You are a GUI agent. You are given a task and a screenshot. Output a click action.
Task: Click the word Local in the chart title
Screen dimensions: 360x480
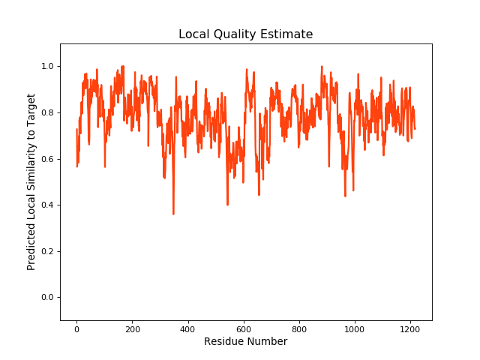click(193, 34)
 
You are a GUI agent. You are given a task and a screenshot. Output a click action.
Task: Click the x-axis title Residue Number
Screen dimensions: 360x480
click(246, 342)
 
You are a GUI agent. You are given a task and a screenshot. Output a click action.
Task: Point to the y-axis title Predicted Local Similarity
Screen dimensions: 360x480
click(31, 181)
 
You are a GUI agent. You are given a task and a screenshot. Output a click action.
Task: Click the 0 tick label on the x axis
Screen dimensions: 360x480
click(76, 328)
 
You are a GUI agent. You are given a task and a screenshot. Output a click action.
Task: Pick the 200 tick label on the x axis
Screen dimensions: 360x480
click(132, 328)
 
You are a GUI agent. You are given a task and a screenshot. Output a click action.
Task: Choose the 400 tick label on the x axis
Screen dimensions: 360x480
click(187, 328)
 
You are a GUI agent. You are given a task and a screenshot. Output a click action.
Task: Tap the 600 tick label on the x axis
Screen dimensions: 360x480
click(243, 328)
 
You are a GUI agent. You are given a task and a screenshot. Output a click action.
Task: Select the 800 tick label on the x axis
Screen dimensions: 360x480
click(298, 328)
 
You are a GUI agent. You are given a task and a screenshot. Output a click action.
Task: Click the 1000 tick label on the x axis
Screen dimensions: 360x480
click(354, 328)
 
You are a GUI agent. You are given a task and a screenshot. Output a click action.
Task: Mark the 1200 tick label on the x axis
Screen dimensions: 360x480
click(409, 328)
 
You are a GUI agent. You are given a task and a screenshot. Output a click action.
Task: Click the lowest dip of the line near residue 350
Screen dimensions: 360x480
click(173, 214)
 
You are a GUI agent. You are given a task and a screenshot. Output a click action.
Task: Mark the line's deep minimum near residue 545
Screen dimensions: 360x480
click(227, 205)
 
